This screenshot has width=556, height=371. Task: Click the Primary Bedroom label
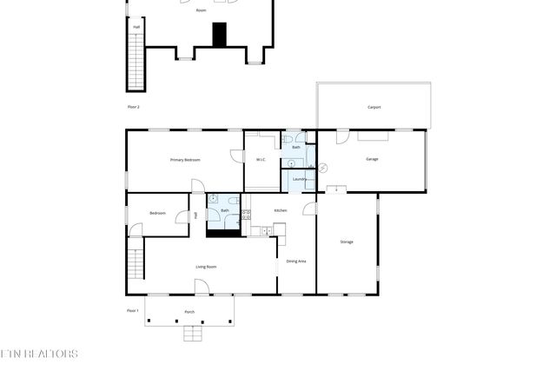click(185, 160)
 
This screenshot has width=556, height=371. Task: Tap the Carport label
click(374, 107)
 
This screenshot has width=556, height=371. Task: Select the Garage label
click(372, 159)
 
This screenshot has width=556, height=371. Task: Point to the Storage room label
click(347, 242)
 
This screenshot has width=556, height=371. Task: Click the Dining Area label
click(296, 261)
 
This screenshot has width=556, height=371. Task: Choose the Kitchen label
click(281, 210)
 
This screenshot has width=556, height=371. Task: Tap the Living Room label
click(206, 267)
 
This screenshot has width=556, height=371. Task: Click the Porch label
click(189, 311)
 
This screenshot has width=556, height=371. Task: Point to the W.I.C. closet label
click(261, 159)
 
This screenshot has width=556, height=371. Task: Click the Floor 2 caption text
click(133, 106)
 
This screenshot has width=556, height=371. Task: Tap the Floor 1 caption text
click(133, 310)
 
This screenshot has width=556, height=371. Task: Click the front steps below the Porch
click(193, 332)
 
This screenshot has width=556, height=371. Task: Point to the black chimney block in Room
click(220, 34)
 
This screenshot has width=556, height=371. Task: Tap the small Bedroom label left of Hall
click(157, 213)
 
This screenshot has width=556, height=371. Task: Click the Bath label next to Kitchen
click(225, 210)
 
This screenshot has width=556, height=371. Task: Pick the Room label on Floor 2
click(201, 10)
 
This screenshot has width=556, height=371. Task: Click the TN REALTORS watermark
click(39, 354)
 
